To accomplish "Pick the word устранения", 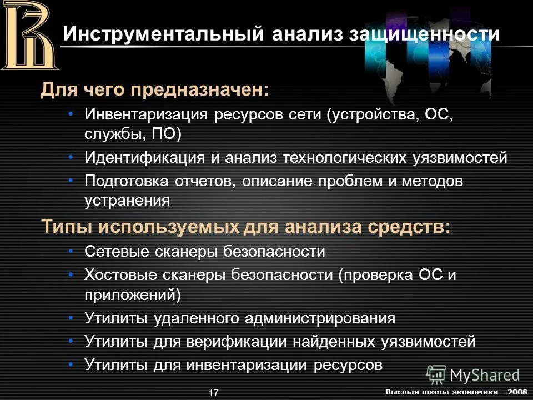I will (x=127, y=200).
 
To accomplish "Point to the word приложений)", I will (x=133, y=294).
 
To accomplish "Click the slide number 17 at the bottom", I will (x=214, y=393).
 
